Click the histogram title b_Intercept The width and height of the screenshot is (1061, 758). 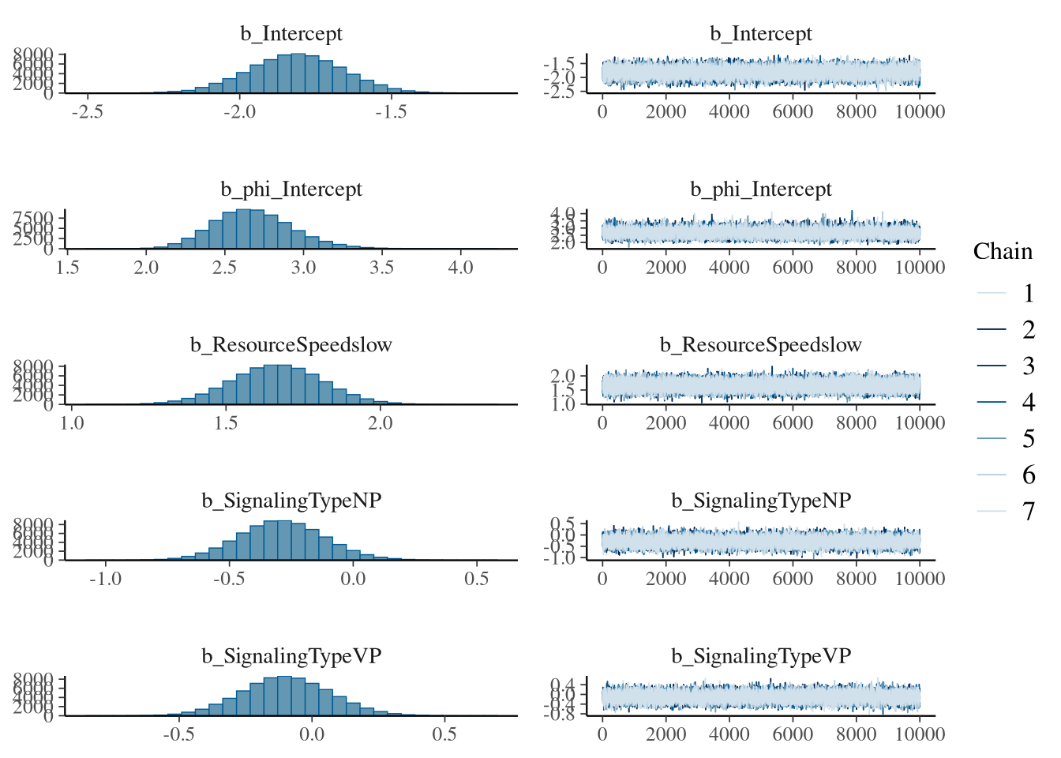pos(291,34)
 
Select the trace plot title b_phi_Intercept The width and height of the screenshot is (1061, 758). pos(761,189)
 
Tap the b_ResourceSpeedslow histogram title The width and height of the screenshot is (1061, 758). pos(291,345)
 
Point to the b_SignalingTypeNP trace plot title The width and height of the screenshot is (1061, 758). pos(761,501)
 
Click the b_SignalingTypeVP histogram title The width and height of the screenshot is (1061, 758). pos(291,656)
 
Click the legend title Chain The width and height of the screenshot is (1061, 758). pos(1003,251)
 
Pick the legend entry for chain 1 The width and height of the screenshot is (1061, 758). pos(1028,294)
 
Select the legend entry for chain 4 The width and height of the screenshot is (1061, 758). pos(1028,403)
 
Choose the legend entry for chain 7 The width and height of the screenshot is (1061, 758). pos(1028,512)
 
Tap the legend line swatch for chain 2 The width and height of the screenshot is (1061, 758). pos(992,329)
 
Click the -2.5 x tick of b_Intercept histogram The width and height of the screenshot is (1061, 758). pos(87,111)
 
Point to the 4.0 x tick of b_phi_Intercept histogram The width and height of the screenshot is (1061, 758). pos(460,267)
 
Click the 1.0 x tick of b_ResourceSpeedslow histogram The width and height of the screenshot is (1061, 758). pos(72,422)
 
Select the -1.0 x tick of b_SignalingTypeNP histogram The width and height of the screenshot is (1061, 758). pos(105,578)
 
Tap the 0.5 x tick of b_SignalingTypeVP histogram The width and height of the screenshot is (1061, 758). pos(444,734)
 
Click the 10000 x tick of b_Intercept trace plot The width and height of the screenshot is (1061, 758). pos(920,111)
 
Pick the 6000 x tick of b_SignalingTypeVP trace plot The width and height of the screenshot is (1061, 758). pos(793,734)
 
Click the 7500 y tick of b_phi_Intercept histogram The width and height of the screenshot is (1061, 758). pos(34,218)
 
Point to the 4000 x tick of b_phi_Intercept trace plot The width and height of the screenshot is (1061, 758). pos(729,267)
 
